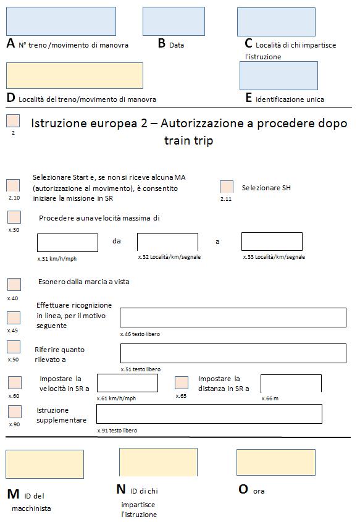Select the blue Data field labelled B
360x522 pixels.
[x=174, y=21]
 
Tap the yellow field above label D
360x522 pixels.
[x=74, y=75]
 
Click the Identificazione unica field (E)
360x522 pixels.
[x=278, y=75]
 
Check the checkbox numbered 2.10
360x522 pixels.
[x=13, y=186]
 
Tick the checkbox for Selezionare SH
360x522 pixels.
[x=227, y=187]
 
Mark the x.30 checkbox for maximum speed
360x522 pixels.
[x=14, y=217]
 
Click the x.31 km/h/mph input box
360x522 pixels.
[x=67, y=243]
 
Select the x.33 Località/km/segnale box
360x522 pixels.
[x=272, y=242]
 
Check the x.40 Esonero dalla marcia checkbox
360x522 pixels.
[x=14, y=285]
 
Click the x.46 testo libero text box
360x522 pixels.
[x=233, y=317]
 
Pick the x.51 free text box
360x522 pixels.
[x=233, y=353]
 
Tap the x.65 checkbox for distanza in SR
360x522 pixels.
[x=182, y=382]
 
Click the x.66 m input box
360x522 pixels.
[x=291, y=383]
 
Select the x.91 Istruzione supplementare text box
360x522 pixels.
[x=209, y=414]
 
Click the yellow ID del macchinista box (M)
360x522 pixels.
[x=44, y=465]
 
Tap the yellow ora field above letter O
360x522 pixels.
[x=267, y=462]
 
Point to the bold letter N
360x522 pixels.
[x=121, y=489]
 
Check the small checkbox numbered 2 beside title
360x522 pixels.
[x=13, y=120]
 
